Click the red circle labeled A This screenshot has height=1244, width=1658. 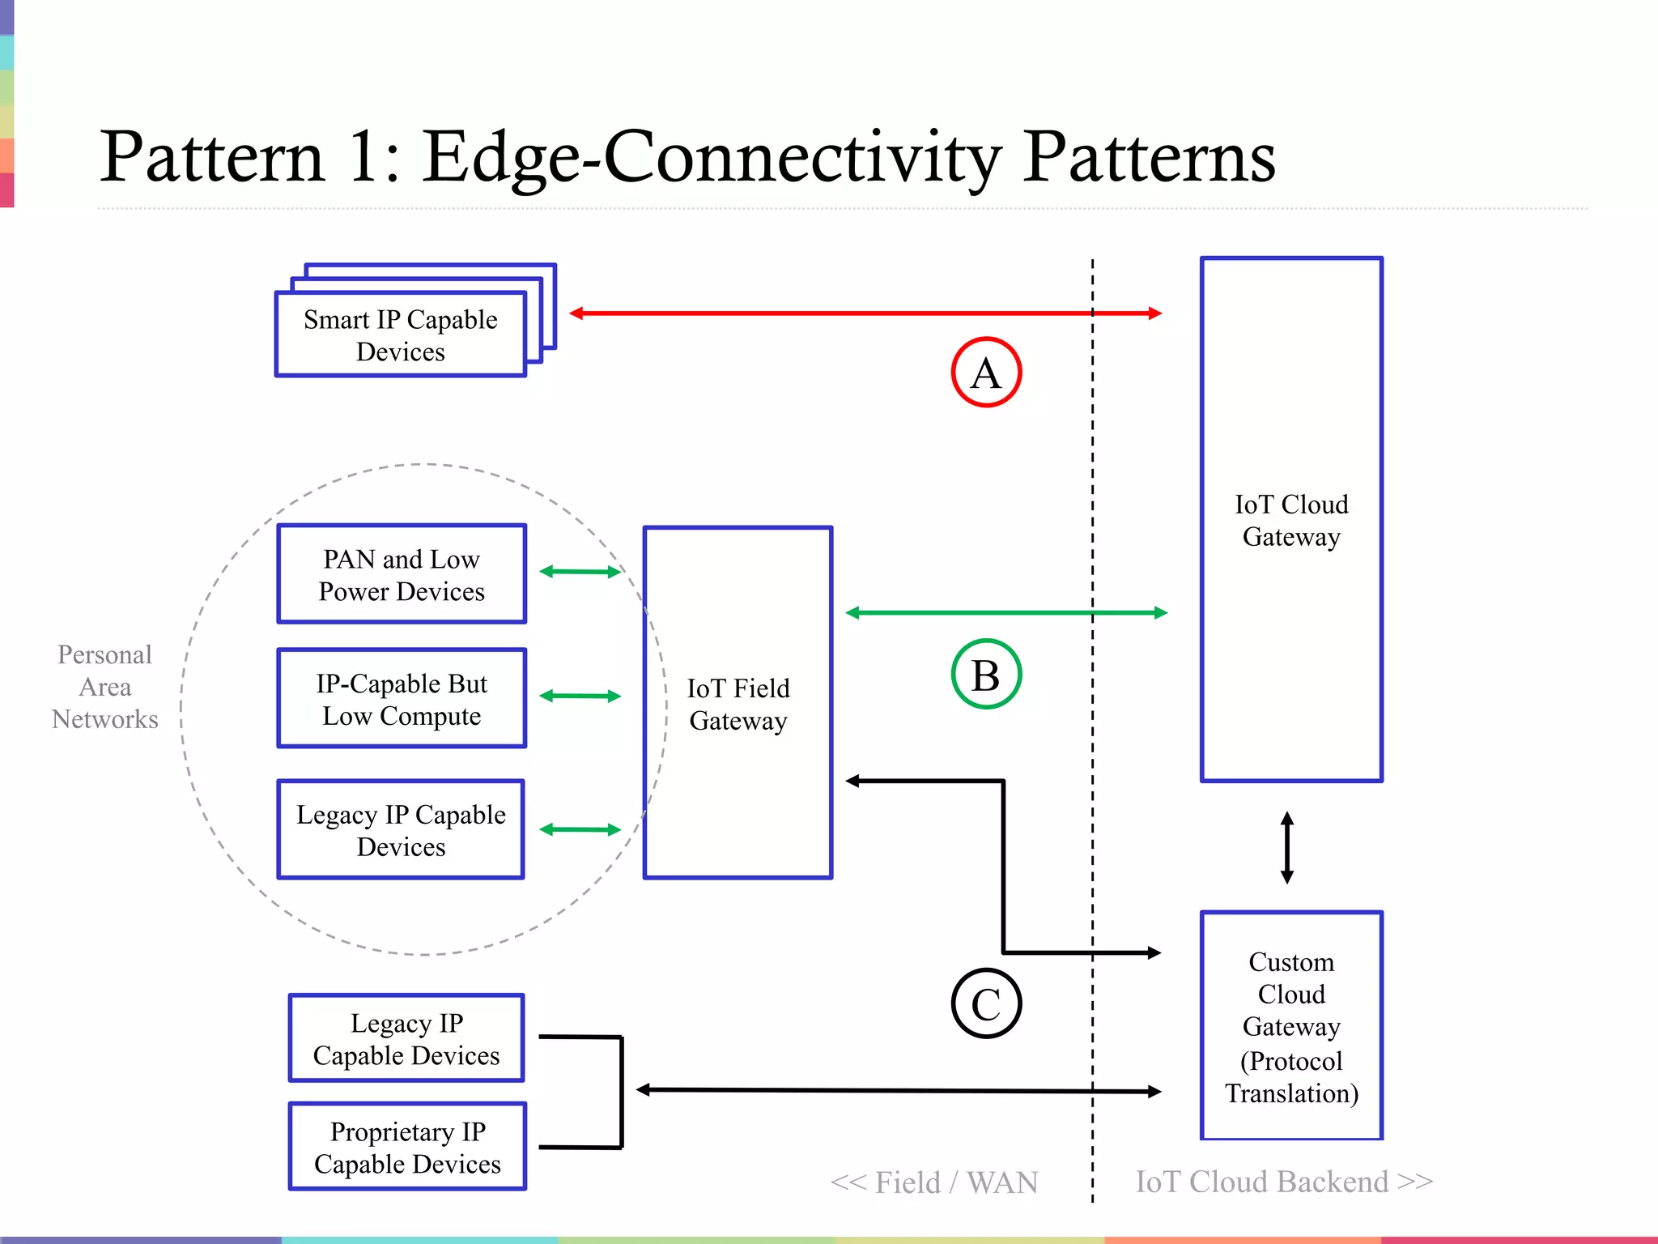(x=985, y=373)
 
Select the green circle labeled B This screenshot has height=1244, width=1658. (x=985, y=675)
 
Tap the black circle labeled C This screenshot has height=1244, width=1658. (x=985, y=1003)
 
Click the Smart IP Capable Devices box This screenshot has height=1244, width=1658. (x=401, y=334)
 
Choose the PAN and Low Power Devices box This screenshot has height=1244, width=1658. (x=402, y=574)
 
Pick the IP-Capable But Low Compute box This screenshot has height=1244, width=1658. (x=402, y=698)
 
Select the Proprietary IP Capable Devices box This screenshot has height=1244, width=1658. (x=407, y=1147)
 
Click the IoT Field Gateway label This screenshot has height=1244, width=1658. (x=738, y=704)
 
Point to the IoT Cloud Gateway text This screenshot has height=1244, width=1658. (x=1291, y=520)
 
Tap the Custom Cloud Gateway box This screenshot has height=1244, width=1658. (x=1291, y=1026)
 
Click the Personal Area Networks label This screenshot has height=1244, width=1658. (x=104, y=687)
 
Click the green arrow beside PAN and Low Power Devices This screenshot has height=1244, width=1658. (x=580, y=572)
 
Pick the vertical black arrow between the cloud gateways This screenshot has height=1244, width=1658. (x=1287, y=848)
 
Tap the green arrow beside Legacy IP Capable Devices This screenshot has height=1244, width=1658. (x=580, y=829)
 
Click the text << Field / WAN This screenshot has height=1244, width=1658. (x=934, y=1182)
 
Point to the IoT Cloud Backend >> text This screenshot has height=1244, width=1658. (x=1284, y=1182)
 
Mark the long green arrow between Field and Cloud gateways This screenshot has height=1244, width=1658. (x=1005, y=613)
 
